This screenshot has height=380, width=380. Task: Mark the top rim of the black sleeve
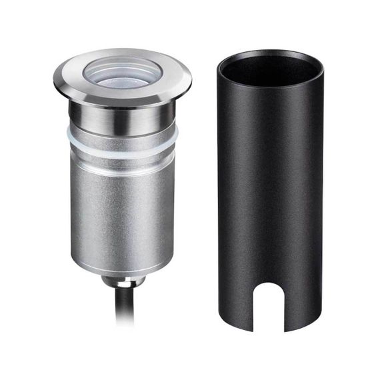pos(270,53)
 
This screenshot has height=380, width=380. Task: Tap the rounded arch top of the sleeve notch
pos(270,287)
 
